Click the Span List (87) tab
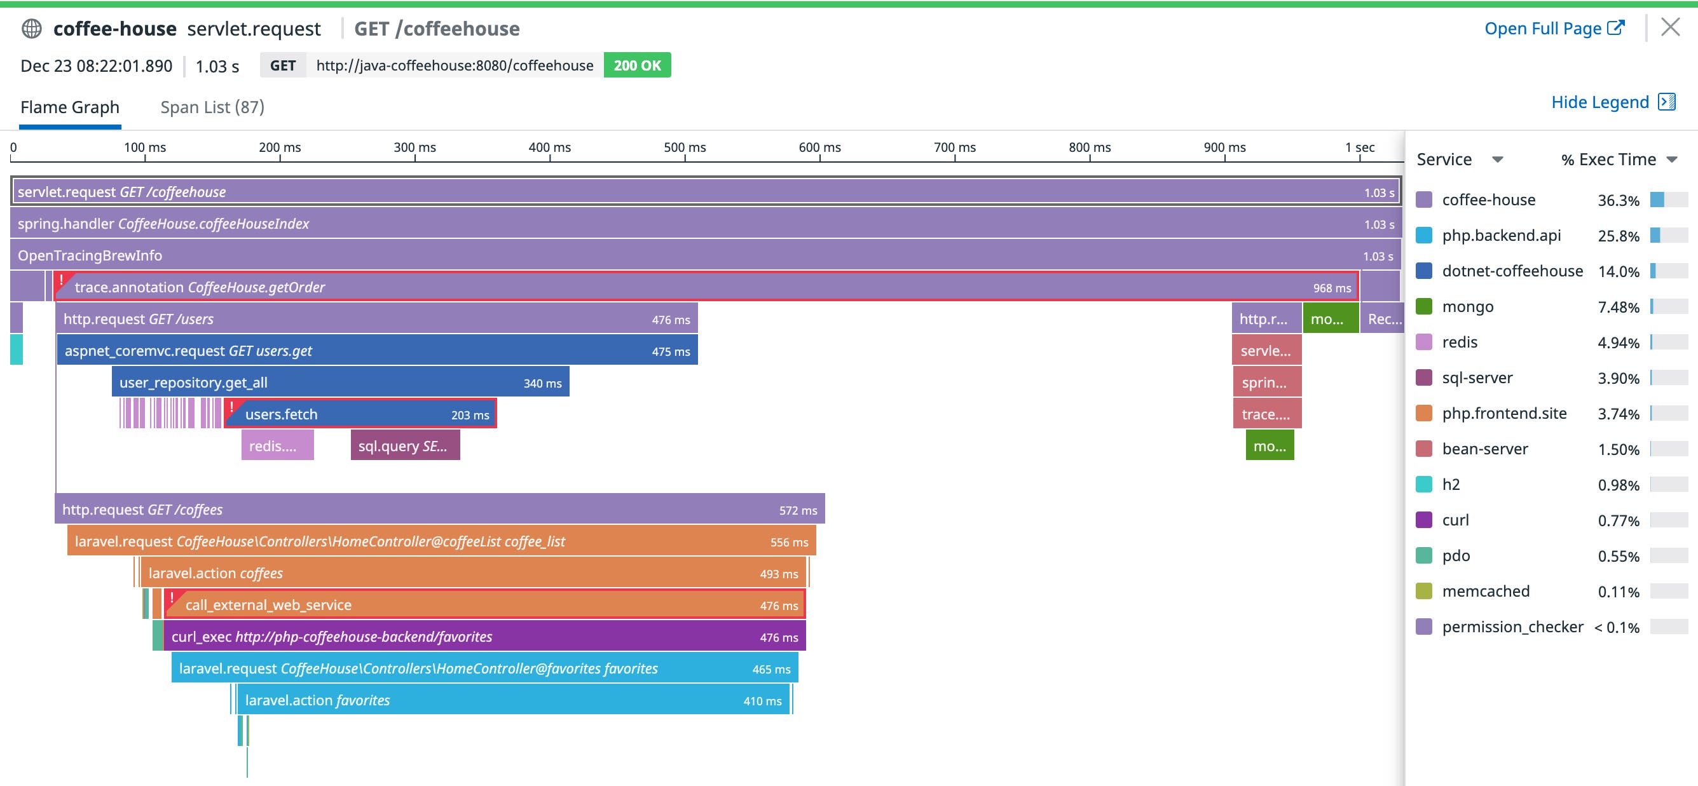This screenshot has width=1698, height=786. point(212,107)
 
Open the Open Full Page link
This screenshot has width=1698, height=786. point(1554,29)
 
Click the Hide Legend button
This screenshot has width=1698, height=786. point(1612,102)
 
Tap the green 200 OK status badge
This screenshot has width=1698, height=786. point(637,65)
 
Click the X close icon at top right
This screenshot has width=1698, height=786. point(1669,28)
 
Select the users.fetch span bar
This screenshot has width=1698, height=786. point(360,414)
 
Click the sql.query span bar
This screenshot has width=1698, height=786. point(405,446)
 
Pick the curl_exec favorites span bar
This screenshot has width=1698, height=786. point(484,637)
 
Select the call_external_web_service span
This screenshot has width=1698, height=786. point(484,605)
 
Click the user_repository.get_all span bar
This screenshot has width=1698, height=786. point(340,383)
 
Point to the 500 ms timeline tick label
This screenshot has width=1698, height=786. point(684,147)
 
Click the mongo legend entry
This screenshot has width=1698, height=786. point(1467,306)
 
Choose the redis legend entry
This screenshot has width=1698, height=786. point(1460,342)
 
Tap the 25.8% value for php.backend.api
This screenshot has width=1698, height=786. point(1618,236)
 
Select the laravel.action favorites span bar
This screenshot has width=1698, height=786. point(513,700)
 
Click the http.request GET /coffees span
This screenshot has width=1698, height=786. point(440,510)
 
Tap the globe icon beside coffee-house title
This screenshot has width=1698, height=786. point(32,29)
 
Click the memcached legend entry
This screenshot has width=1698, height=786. point(1485,591)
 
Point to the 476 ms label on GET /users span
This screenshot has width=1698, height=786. point(671,320)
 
